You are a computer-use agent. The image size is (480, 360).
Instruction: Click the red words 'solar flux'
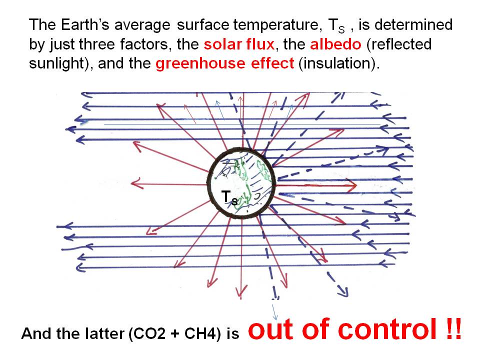click(239, 44)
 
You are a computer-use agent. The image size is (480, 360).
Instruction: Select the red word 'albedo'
click(336, 44)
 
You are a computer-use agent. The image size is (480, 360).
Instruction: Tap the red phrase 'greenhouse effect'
click(224, 63)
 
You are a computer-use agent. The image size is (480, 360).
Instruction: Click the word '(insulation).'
click(339, 63)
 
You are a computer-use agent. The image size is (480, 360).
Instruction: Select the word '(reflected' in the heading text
click(399, 44)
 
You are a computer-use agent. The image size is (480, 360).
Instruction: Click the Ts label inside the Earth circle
click(229, 197)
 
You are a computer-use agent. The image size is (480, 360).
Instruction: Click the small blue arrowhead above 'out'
click(275, 317)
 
